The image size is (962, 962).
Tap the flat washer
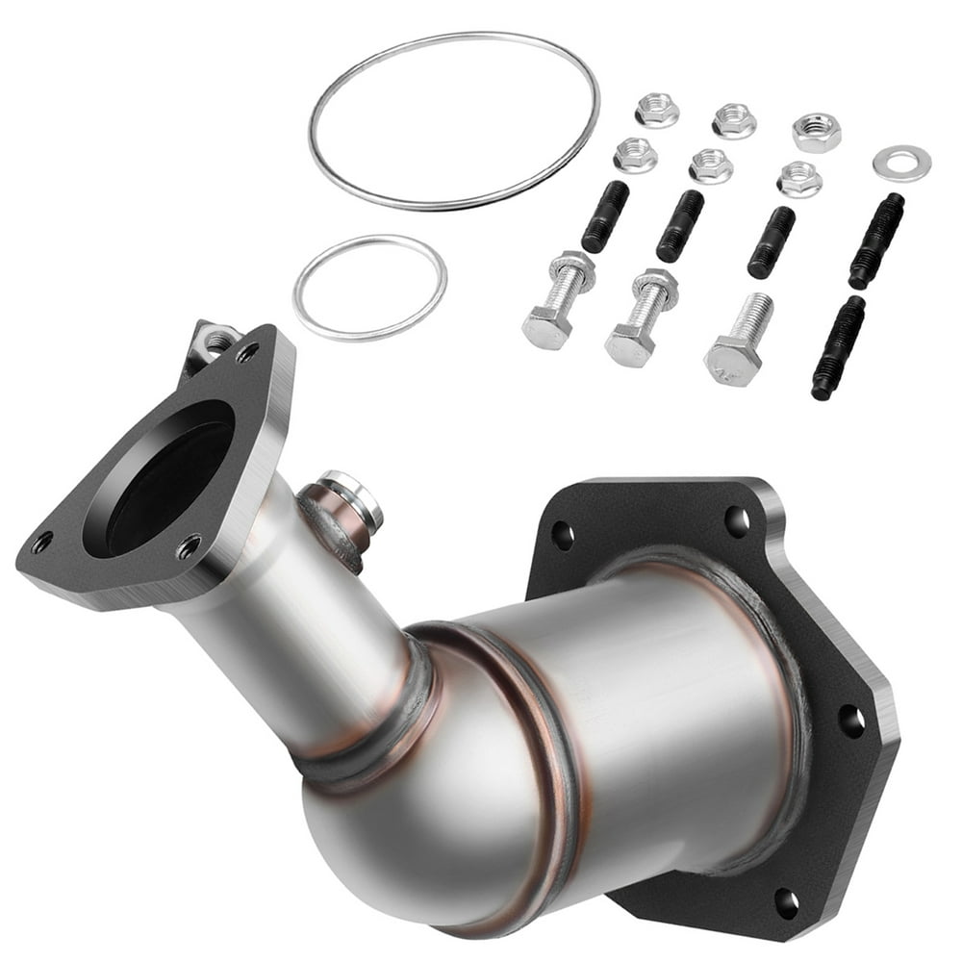click(901, 162)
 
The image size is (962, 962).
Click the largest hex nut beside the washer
click(817, 133)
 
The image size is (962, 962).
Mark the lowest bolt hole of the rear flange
click(786, 901)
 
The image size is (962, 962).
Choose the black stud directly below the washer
click(876, 240)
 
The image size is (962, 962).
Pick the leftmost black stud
click(605, 216)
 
